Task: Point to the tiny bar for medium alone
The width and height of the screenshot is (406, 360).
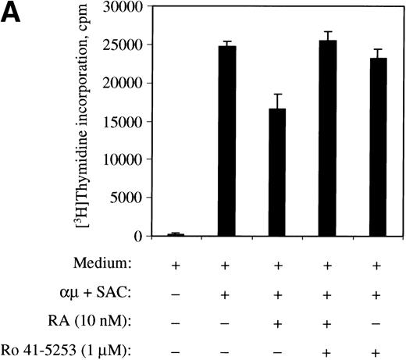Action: [176, 233]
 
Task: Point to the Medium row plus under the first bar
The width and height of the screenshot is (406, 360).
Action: [176, 266]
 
